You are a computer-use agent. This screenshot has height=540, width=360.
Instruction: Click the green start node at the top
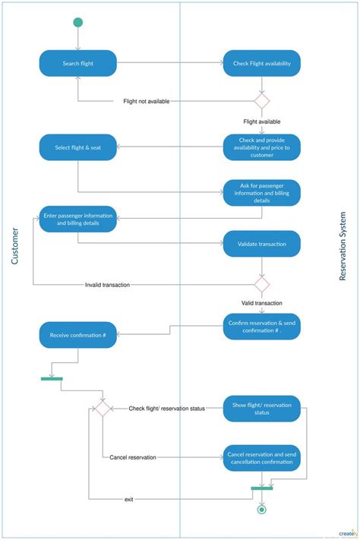coord(77,23)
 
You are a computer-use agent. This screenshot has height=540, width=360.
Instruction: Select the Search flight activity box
coord(77,64)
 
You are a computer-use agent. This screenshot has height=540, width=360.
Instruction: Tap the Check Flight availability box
coord(261,64)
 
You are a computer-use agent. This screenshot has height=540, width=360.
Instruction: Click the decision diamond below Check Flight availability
coord(261,100)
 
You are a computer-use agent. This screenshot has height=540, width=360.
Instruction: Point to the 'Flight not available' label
coord(147,101)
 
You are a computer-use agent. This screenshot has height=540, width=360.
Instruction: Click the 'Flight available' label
coord(261,122)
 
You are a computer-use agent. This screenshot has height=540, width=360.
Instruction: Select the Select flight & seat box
coord(77,147)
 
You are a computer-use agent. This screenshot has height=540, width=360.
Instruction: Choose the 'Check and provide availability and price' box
coord(261,147)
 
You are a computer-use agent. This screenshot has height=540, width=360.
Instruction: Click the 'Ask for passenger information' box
coord(261,193)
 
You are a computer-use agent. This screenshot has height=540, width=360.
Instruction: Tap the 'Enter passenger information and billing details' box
coord(77,219)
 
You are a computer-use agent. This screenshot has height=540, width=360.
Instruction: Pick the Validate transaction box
coord(261,244)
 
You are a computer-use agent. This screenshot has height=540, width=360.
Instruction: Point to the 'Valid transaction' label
coord(261,302)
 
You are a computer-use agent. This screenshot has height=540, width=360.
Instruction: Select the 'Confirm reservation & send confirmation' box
coord(261,327)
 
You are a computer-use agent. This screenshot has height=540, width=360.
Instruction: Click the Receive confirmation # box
coord(77,335)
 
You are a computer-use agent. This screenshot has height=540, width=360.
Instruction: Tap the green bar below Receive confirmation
coord(52,378)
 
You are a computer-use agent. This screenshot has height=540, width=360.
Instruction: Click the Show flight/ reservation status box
coord(261,409)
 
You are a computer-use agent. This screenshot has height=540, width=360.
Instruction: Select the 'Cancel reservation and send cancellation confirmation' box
coord(261,458)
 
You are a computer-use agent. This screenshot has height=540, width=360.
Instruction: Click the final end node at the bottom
coord(262,510)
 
